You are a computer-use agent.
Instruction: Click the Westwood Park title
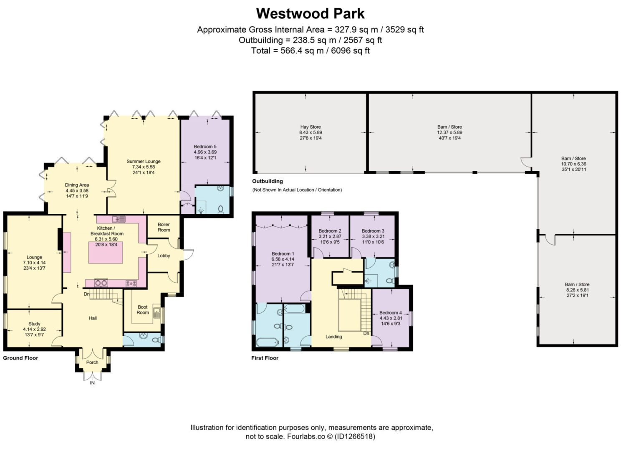coord(310,14)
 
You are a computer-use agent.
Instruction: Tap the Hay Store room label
coord(310,127)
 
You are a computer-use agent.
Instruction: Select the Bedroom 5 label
coord(205,147)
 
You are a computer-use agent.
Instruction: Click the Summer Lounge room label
coord(143,162)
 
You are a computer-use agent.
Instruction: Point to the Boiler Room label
coord(164,227)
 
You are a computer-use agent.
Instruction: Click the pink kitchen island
coord(106,252)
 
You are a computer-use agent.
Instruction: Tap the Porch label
coord(92,362)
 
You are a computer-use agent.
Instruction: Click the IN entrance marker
coord(92,383)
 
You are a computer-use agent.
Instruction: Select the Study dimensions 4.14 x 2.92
coord(34,329)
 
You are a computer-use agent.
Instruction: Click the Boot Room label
coord(142,309)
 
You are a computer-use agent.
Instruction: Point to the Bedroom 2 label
coord(330,231)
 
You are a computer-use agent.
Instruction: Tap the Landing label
coord(333,337)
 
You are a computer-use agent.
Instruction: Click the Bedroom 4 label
coord(390,313)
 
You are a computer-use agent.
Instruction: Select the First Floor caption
coord(265,358)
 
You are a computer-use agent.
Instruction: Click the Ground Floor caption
coord(20,358)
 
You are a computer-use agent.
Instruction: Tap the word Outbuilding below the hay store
coord(268,181)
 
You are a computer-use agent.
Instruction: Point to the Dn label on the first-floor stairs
coord(366,333)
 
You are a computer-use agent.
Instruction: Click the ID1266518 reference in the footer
coord(355,436)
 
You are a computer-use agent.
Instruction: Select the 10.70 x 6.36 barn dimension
coord(573,164)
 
